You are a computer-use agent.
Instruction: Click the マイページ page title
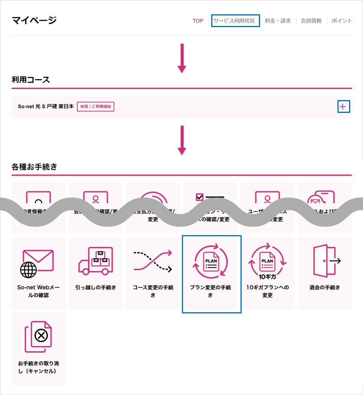[34, 20]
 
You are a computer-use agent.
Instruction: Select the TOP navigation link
[198, 21]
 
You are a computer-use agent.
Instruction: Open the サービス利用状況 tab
[236, 21]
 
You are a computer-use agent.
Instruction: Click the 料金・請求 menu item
[278, 21]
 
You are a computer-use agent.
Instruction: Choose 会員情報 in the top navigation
[311, 21]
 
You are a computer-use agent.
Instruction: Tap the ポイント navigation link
[342, 21]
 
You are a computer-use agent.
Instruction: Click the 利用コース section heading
[31, 80]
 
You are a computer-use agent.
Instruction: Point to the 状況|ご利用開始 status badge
[96, 106]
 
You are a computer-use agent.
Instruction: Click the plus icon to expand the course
[343, 107]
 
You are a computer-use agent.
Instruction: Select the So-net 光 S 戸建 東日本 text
[46, 106]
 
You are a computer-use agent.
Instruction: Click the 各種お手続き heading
[34, 167]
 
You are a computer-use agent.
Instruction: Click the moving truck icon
[95, 260]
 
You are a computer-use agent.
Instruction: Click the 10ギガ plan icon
[268, 260]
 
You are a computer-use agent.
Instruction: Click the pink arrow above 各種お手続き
[182, 140]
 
